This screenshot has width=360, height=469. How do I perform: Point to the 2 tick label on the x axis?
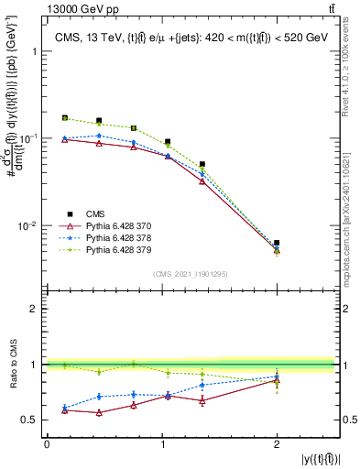coord(277,443)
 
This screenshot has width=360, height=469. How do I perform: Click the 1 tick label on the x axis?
coord(162,443)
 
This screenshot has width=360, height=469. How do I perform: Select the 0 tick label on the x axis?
coord(47,443)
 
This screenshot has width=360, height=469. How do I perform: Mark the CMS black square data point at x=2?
coord(277,243)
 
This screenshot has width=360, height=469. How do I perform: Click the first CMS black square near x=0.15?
coord(64,117)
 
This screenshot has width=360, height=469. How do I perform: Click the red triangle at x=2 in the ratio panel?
coord(277,380)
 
